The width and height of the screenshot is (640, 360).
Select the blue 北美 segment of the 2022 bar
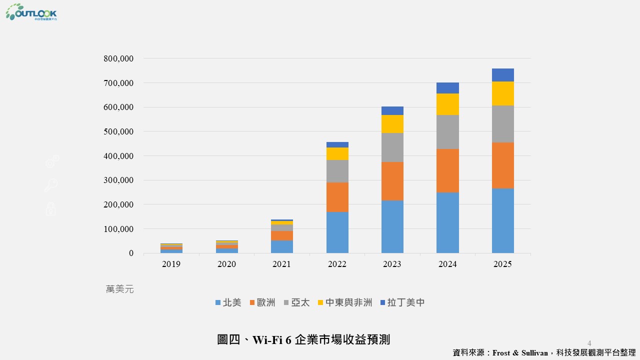click(x=337, y=232)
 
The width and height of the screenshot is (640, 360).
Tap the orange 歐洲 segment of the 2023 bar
click(x=392, y=181)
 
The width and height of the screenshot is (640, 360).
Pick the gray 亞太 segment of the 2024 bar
click(x=447, y=132)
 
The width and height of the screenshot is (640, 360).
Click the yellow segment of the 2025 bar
click(x=502, y=93)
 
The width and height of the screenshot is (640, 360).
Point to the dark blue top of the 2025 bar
click(x=502, y=75)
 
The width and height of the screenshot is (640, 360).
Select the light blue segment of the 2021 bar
click(x=282, y=246)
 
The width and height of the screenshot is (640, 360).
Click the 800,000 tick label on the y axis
click(x=118, y=58)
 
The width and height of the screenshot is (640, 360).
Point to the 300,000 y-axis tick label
click(x=118, y=180)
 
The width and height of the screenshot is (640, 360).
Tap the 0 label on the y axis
click(x=131, y=253)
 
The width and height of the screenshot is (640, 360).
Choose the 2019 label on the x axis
click(x=171, y=264)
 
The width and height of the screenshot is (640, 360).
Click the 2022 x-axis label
click(x=337, y=264)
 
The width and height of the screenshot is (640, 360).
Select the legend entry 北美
click(x=232, y=302)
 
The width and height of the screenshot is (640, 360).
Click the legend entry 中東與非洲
click(x=348, y=302)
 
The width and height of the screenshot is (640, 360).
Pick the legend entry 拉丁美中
click(x=406, y=302)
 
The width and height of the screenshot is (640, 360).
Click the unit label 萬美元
click(x=120, y=289)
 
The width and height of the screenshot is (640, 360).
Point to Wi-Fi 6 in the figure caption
click(x=272, y=340)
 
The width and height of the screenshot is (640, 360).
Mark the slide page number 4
click(x=589, y=343)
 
